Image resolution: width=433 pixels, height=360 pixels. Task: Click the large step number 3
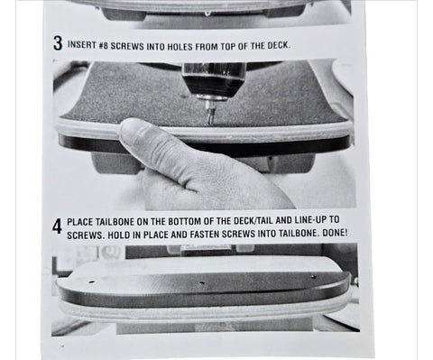coord(58,43)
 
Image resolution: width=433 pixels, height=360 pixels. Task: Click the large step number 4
coord(57,226)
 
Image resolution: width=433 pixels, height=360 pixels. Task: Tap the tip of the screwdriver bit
coord(210,123)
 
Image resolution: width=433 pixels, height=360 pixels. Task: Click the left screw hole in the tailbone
coord(91,282)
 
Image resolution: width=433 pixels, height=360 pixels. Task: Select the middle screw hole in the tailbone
coord(201,283)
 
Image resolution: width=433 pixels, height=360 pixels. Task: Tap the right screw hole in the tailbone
coord(313,276)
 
